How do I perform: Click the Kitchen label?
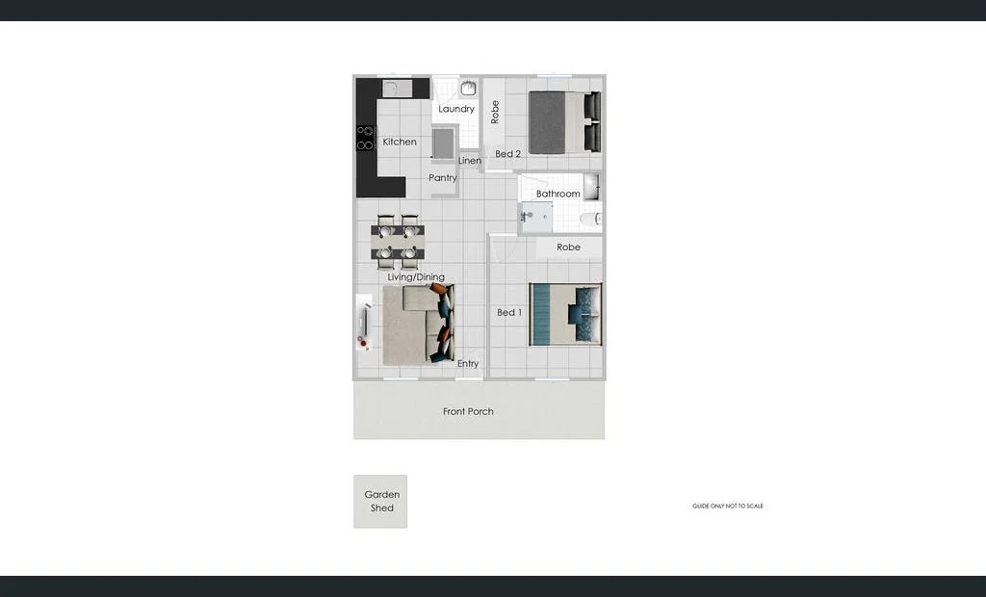pyautogui.click(x=400, y=143)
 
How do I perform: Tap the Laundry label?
pyautogui.click(x=456, y=110)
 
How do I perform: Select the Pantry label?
pyautogui.click(x=443, y=178)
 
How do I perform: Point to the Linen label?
pyautogui.click(x=470, y=161)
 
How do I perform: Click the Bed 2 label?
pyautogui.click(x=508, y=154)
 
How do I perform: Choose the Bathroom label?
pyautogui.click(x=558, y=195)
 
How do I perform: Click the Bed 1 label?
pyautogui.click(x=508, y=313)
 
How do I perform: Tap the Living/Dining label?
pyautogui.click(x=416, y=277)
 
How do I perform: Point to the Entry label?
pyautogui.click(x=468, y=364)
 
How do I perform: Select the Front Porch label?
pyautogui.click(x=468, y=412)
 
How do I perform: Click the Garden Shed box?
pyautogui.click(x=380, y=502)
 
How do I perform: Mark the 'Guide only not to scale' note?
pyautogui.click(x=727, y=506)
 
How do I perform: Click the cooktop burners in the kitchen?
pyautogui.click(x=365, y=138)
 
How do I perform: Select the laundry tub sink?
pyautogui.click(x=468, y=89)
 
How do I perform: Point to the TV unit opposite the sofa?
pyautogui.click(x=363, y=322)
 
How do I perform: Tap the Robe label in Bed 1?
pyautogui.click(x=569, y=247)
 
